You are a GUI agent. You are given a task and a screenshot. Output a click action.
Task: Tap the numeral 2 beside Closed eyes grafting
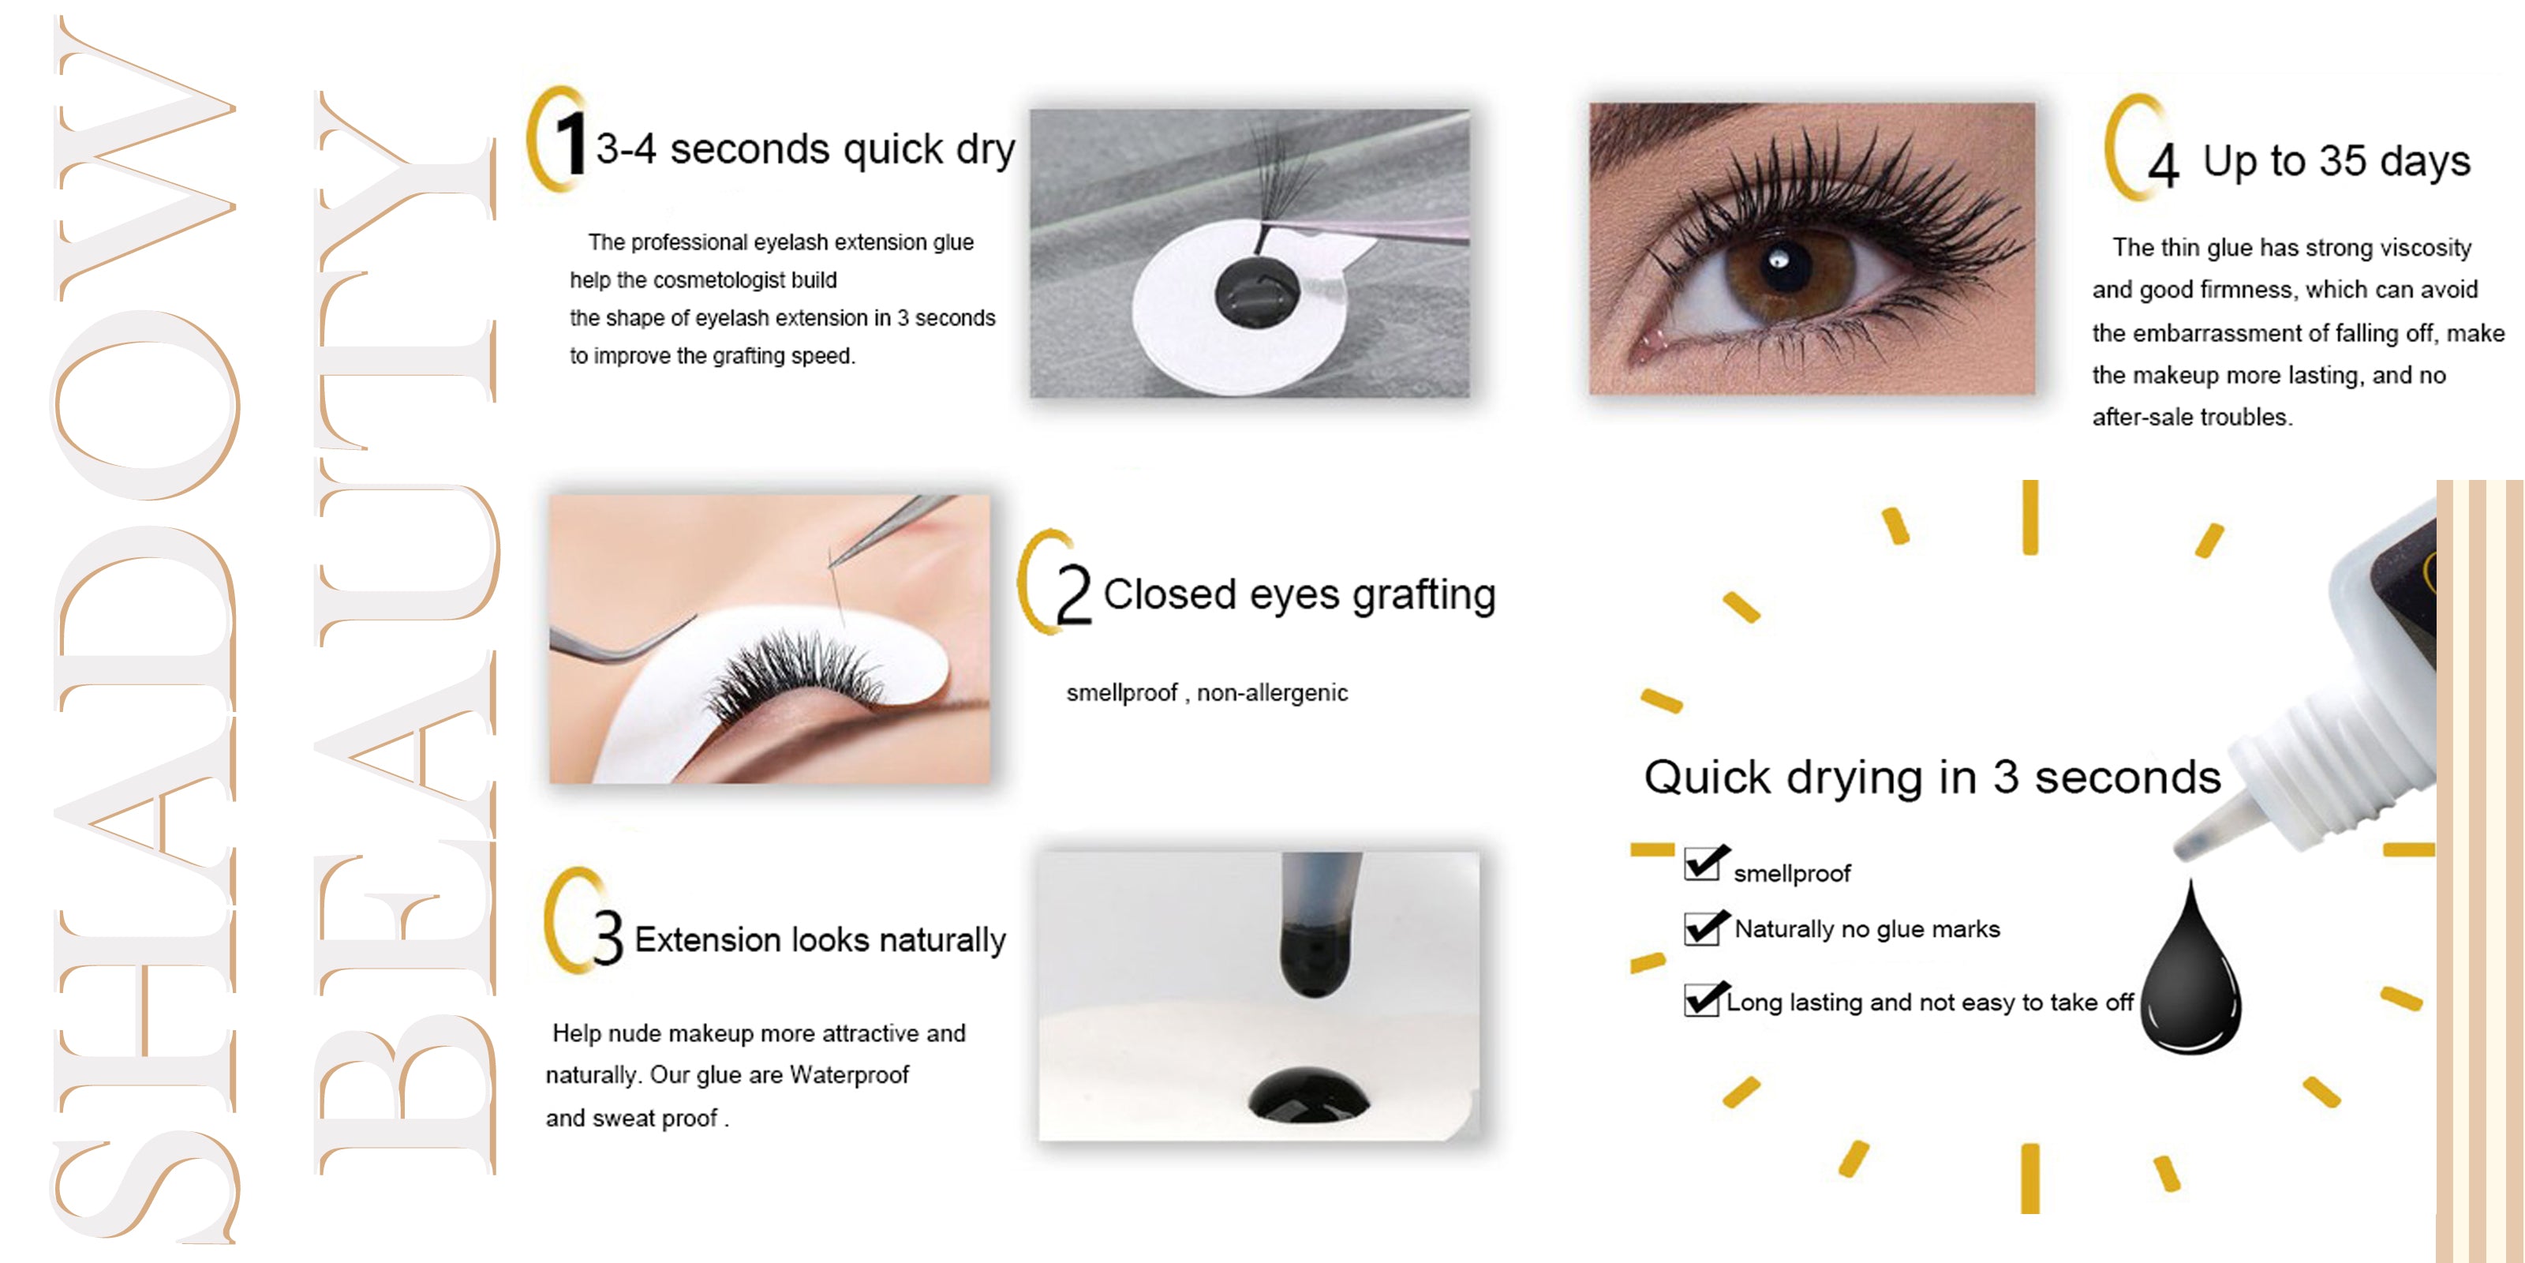point(1072,594)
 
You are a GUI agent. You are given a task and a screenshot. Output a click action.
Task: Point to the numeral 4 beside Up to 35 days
point(2164,165)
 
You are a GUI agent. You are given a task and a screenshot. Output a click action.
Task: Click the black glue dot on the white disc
point(1257,291)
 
